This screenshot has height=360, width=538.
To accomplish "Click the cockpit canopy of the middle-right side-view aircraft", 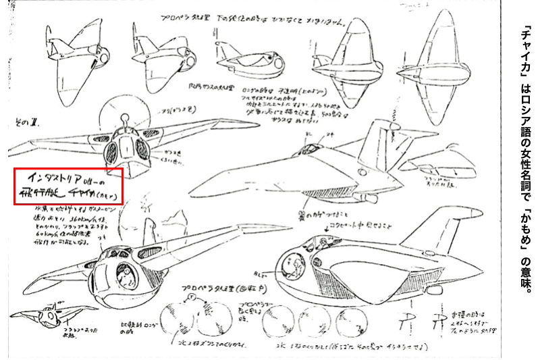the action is [311, 146].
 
